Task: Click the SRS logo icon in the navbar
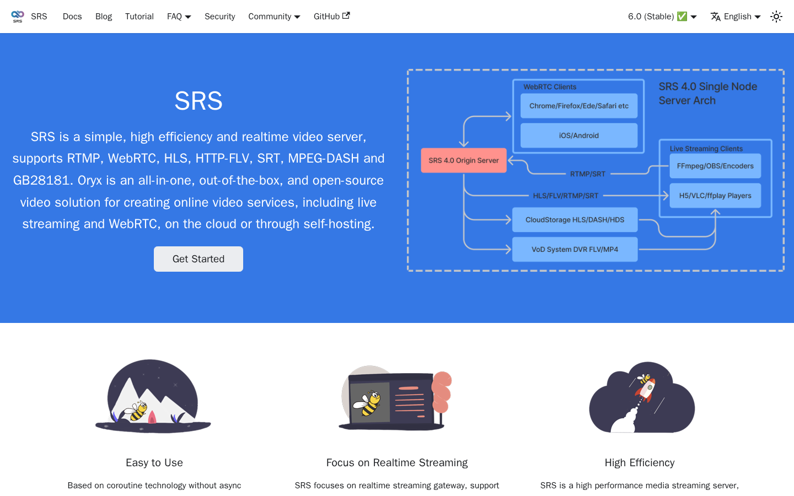click(x=18, y=17)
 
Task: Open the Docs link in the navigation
click(x=72, y=17)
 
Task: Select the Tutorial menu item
click(x=140, y=17)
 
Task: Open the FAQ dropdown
click(x=179, y=17)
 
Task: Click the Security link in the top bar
click(x=220, y=17)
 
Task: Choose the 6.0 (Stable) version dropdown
click(x=662, y=17)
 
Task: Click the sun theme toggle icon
click(x=776, y=17)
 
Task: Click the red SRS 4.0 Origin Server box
click(x=464, y=160)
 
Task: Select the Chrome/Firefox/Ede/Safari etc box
click(x=579, y=106)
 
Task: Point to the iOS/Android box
click(x=579, y=136)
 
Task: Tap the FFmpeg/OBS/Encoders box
click(x=715, y=166)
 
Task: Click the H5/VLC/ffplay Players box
click(x=715, y=196)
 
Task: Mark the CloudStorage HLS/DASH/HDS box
click(x=575, y=220)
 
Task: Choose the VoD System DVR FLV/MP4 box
click(x=575, y=250)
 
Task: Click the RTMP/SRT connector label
click(x=588, y=174)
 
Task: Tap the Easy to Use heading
click(x=154, y=463)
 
